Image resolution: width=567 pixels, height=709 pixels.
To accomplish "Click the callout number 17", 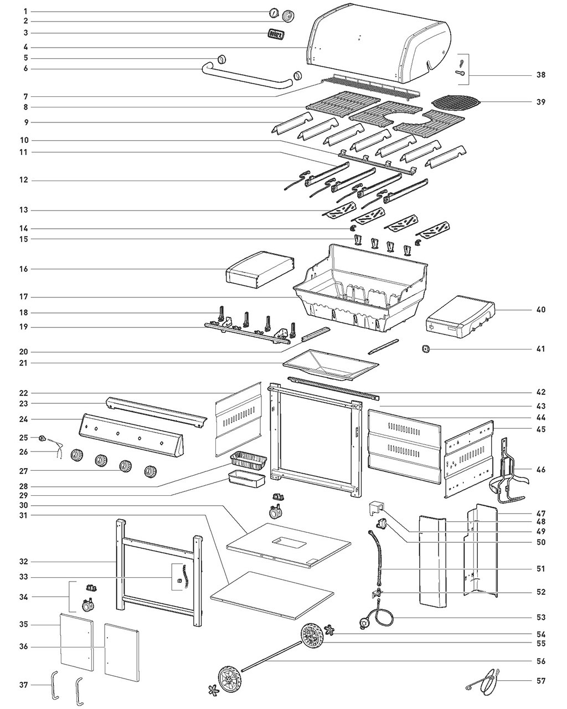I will coord(25,297).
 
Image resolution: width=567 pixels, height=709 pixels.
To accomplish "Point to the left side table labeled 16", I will coord(259,270).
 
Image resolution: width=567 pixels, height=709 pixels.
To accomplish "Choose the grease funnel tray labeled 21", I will coord(330,365).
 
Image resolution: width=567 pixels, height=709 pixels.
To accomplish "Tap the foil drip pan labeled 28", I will coord(249,460).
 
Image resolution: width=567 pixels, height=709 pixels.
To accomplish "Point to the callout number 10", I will coord(25,140).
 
